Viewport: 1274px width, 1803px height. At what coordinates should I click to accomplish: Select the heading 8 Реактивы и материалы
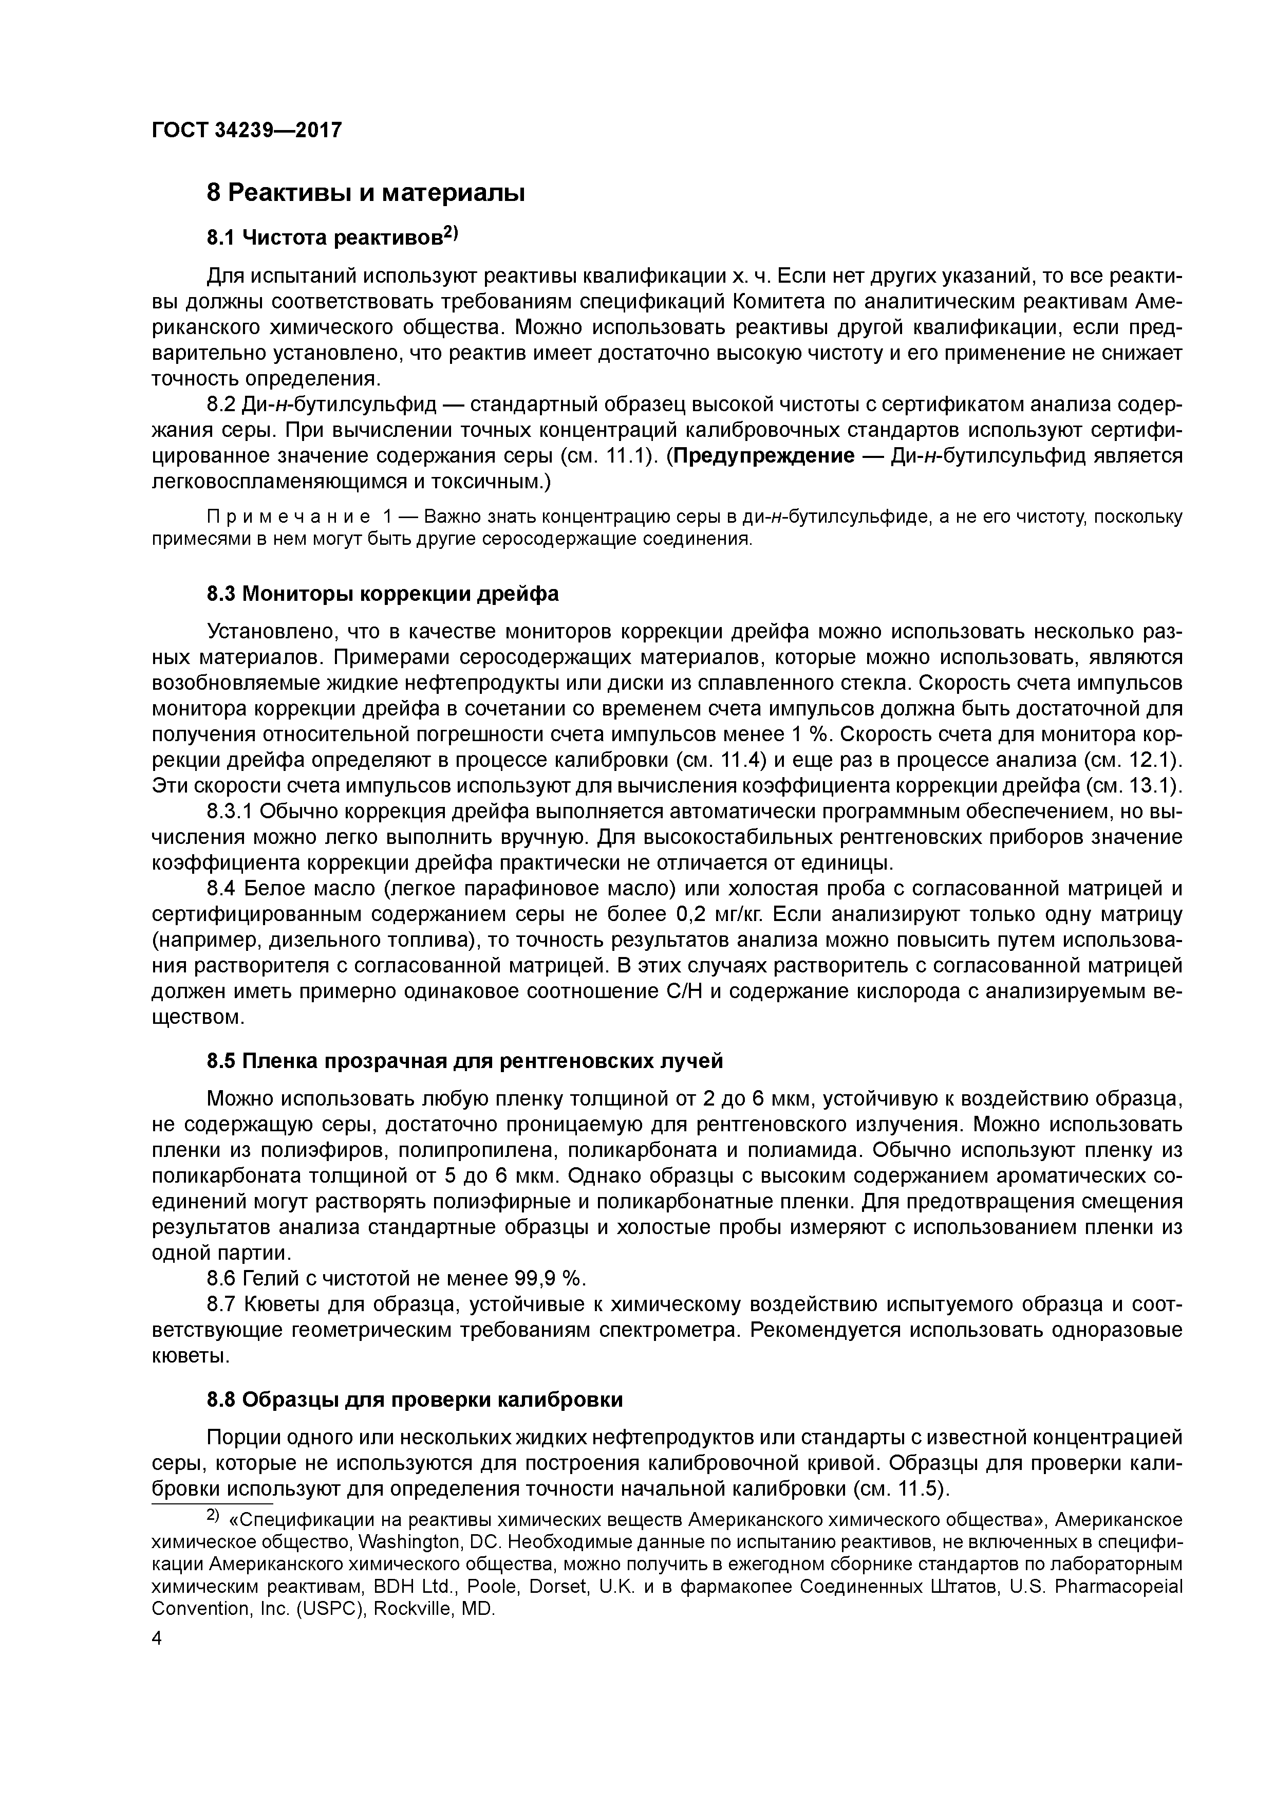click(365, 192)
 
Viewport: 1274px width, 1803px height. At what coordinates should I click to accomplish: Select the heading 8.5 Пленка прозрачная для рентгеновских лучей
click(464, 1061)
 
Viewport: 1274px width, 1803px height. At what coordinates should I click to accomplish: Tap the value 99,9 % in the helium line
click(550, 1278)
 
